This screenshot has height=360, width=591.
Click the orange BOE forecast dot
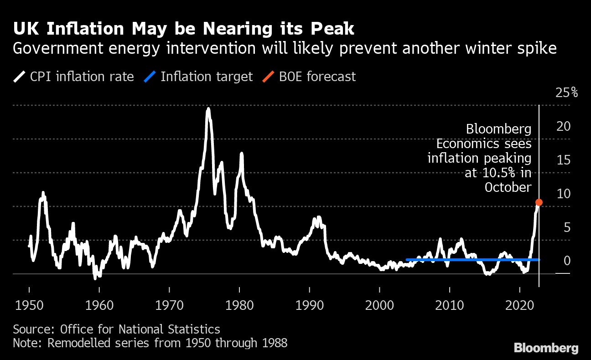[539, 202]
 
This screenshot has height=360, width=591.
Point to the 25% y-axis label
[566, 93]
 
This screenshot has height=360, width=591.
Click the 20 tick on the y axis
[564, 126]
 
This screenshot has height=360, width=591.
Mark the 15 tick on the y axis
[564, 160]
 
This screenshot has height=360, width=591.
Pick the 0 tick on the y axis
[567, 261]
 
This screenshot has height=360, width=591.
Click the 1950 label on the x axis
[29, 304]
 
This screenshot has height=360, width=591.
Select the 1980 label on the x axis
[239, 304]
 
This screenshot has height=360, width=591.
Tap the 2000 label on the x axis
[379, 304]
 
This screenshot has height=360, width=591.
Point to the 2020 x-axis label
[520, 304]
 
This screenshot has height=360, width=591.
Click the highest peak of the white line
[208, 109]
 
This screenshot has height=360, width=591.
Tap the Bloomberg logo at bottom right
[546, 348]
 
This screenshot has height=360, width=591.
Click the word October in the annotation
[508, 187]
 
